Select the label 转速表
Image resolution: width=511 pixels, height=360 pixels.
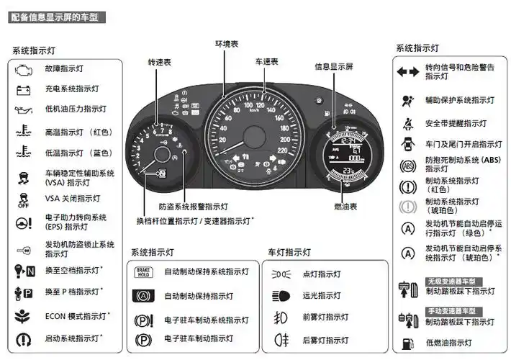point(160,63)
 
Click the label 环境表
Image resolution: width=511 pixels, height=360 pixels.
point(226,44)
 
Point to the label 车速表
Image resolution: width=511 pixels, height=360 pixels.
point(267,63)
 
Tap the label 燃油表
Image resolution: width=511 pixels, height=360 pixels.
point(346,206)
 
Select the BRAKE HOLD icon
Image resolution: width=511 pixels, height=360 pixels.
point(143,273)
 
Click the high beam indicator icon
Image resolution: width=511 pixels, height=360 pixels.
point(281,295)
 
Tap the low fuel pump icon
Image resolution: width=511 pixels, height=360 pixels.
point(408,343)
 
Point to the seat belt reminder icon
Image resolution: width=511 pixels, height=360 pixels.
point(407,123)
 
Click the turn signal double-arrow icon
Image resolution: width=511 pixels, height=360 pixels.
point(407,71)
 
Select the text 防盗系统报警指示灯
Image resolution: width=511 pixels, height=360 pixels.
point(194,206)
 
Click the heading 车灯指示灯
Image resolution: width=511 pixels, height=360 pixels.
point(289,253)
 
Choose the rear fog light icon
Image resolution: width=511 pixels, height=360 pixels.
point(281,338)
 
